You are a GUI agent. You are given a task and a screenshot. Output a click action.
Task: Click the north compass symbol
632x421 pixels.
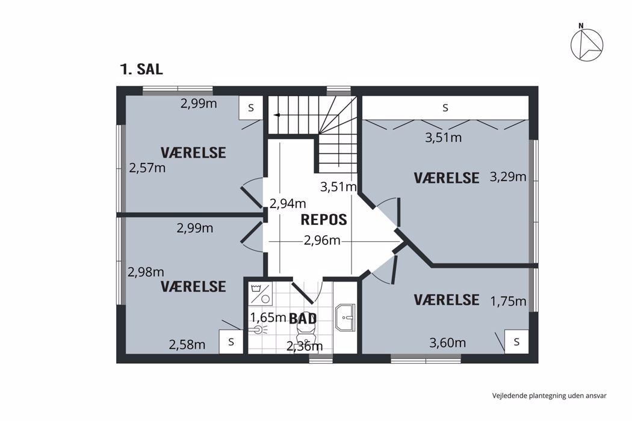pos(587,45)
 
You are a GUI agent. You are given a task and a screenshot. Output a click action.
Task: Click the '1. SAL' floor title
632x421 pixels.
pos(141,69)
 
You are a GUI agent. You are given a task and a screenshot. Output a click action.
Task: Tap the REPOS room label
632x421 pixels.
pos(324,220)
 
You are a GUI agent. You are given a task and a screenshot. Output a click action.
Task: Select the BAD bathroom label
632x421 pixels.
pos(303,318)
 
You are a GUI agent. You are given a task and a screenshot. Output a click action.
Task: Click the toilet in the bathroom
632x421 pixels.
pos(306,333)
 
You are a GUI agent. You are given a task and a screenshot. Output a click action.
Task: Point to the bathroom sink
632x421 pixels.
pos(345,318)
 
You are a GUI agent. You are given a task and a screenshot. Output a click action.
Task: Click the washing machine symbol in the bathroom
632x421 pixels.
pos(261,293)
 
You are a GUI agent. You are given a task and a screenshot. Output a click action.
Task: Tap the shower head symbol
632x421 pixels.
pos(259,330)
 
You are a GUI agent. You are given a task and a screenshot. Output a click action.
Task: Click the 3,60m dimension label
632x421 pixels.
pos(447,343)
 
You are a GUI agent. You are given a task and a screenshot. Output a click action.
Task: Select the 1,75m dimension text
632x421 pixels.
pos(508,301)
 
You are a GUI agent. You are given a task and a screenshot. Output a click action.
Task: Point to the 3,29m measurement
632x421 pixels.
pos(508,176)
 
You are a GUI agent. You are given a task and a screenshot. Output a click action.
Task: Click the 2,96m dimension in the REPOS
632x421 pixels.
pos(322,241)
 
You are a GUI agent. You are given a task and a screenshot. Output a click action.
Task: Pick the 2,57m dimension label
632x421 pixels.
pos(147,168)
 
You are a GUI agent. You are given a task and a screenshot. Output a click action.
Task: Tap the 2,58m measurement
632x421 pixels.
pos(187,345)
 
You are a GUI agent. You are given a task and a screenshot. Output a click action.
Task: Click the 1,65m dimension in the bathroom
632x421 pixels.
pos(268,318)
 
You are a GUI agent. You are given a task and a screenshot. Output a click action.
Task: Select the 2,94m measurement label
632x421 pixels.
pos(288,204)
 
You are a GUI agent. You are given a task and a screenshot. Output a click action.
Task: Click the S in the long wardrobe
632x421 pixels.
pos(445,108)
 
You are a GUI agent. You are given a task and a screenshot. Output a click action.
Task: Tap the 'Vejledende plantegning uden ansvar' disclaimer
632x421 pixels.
pos(549,396)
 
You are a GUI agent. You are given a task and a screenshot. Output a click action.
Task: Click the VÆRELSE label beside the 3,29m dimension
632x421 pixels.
pos(447,177)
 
